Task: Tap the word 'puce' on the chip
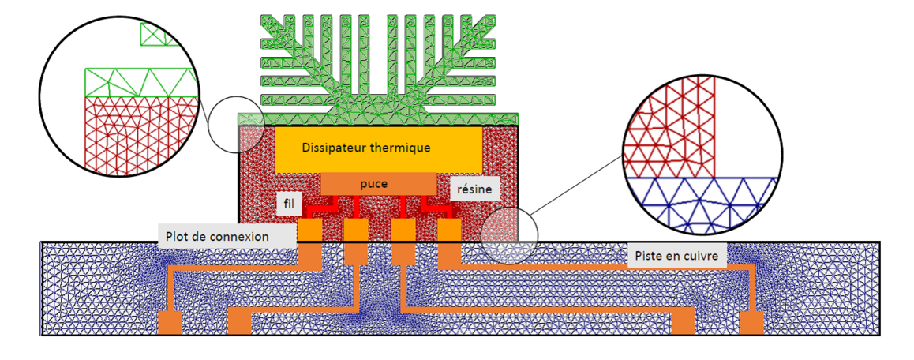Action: click(373, 184)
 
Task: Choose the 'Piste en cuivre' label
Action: click(676, 256)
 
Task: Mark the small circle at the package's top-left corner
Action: click(235, 126)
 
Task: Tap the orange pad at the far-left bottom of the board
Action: click(170, 323)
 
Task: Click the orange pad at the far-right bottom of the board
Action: click(751, 323)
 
